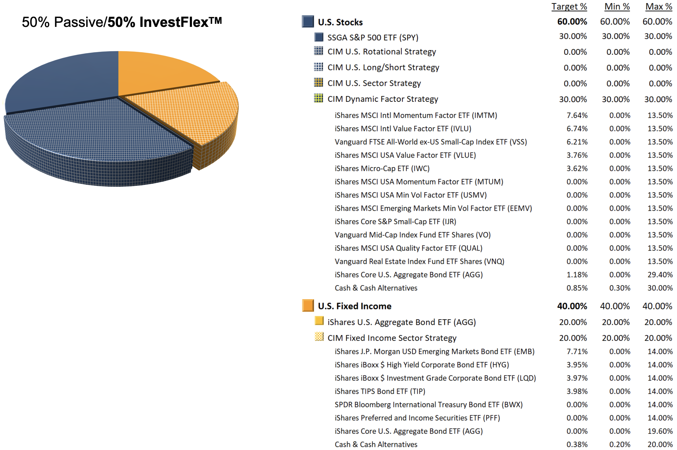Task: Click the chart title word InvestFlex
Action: (174, 22)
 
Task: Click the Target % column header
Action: (569, 6)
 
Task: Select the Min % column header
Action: (617, 6)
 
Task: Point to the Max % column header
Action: (658, 6)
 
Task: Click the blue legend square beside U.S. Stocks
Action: (307, 21)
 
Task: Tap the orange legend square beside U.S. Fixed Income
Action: (307, 305)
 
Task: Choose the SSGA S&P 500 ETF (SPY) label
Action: (373, 37)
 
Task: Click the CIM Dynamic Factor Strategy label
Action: (382, 99)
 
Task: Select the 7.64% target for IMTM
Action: (577, 115)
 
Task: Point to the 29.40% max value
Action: (660, 275)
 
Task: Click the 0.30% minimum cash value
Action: (619, 288)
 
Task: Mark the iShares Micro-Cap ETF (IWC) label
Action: (382, 168)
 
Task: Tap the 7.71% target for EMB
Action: (577, 352)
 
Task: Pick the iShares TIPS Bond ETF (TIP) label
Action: (380, 391)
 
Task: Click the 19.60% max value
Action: (660, 431)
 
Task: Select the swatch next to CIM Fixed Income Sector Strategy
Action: (319, 337)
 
